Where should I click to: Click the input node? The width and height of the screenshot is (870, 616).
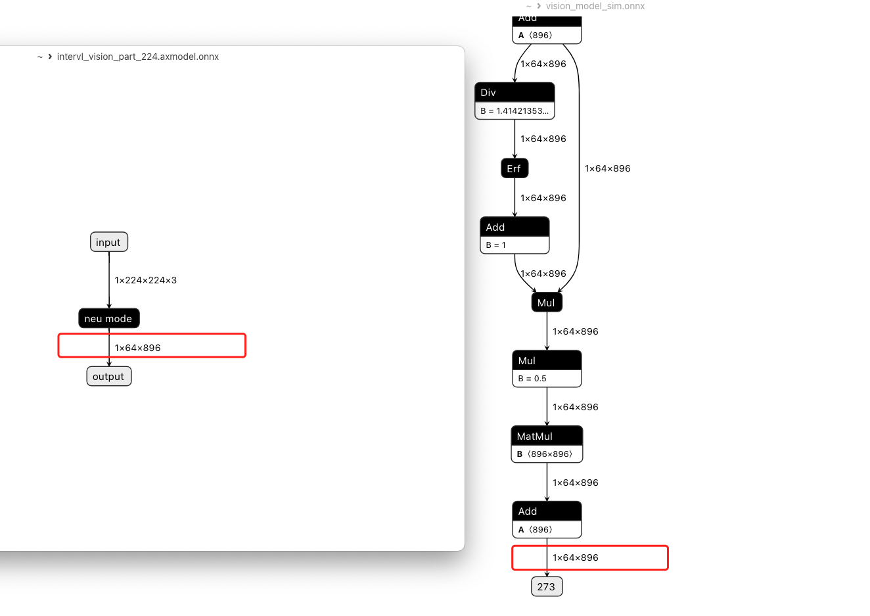(x=109, y=242)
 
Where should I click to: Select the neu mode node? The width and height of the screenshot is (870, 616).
(x=109, y=318)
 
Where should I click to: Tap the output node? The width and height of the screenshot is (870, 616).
(x=109, y=377)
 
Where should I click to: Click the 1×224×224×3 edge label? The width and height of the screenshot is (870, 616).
(x=145, y=280)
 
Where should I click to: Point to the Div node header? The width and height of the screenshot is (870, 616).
(x=515, y=93)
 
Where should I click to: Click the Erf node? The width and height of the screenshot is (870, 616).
(x=515, y=168)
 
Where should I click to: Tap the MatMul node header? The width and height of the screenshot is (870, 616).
(x=547, y=436)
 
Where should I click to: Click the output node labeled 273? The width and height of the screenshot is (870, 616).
(x=547, y=586)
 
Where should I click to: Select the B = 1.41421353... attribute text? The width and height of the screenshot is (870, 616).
(x=515, y=111)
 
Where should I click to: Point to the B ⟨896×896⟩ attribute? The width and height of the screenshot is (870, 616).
(x=545, y=454)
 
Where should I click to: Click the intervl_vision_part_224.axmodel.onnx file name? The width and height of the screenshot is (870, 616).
(x=138, y=57)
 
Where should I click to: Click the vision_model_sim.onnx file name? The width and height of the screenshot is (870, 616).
(x=595, y=6)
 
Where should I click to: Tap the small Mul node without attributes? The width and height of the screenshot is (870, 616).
(x=547, y=302)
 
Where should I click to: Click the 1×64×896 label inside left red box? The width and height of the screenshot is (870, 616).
(x=138, y=348)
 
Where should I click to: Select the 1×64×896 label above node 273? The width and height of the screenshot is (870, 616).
(x=576, y=557)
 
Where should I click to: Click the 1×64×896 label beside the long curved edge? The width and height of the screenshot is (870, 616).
(x=608, y=168)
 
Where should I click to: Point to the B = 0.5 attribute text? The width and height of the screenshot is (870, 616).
(x=532, y=379)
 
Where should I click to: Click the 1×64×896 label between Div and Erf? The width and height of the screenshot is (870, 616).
(x=543, y=139)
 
